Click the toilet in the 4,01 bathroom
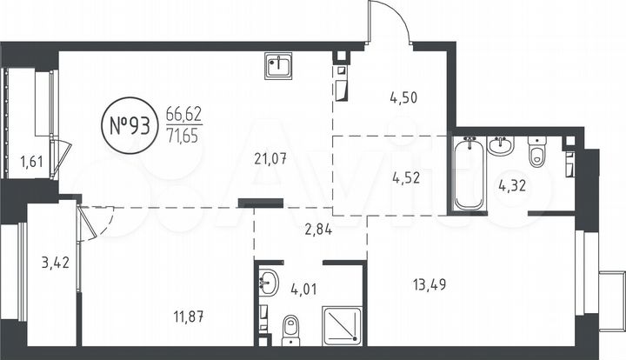tap(291, 328)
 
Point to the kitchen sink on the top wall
tap(280, 65)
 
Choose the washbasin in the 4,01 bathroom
tap(269, 282)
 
